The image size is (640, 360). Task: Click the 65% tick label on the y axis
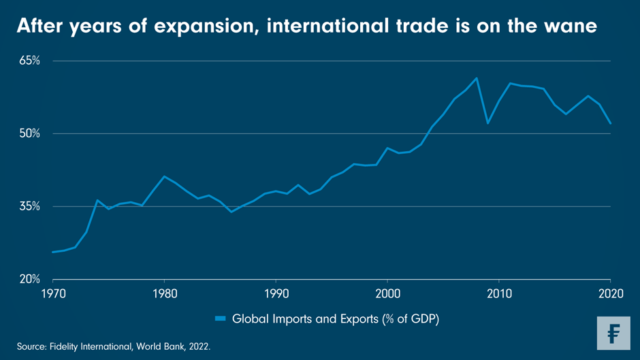(29, 61)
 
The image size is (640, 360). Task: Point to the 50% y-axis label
(29, 133)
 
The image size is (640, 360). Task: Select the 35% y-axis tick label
(29, 206)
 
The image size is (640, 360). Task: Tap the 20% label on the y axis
(29, 279)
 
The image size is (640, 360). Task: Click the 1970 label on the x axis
(52, 293)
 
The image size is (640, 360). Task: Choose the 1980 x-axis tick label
(164, 293)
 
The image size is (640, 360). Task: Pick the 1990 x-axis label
(276, 293)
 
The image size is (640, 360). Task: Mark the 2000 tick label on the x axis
(387, 293)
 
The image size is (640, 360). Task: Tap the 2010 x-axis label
(499, 293)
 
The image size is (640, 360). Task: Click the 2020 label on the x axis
(610, 293)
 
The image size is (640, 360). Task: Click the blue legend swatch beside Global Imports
(221, 318)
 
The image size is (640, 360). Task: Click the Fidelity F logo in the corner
(613, 333)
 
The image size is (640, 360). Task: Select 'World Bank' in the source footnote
(162, 347)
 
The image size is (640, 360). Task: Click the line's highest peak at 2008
(477, 78)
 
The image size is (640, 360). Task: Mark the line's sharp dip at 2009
(487, 123)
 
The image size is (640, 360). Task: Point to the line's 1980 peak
(164, 176)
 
